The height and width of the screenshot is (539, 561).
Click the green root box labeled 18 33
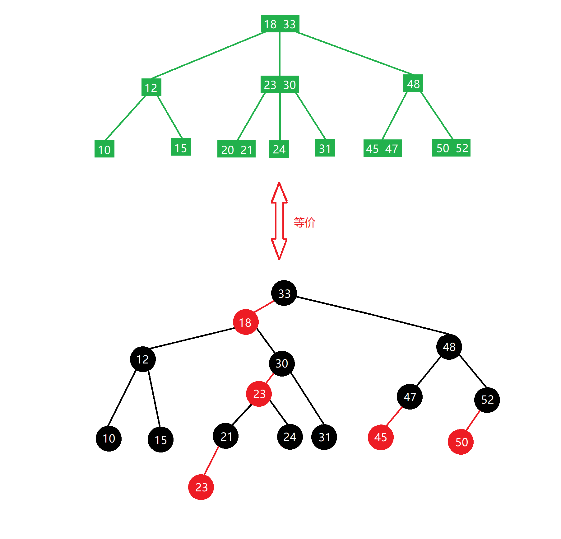point(280,24)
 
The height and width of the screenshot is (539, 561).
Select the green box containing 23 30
point(280,85)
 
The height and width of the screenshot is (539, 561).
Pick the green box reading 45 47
point(382,148)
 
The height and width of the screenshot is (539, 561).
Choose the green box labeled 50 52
point(451,148)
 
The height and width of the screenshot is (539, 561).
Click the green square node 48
point(413,83)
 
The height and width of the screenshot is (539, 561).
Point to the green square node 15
point(181,147)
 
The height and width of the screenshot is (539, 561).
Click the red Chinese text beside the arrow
point(304,223)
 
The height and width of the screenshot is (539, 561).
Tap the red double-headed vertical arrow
point(279,221)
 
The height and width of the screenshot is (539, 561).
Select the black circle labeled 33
point(284,293)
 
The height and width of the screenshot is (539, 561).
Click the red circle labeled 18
point(245,322)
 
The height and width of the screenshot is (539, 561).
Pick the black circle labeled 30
point(282,363)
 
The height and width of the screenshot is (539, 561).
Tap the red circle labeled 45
point(381,437)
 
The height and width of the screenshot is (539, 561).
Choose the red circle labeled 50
point(461,442)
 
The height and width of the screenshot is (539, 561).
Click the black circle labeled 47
point(410,397)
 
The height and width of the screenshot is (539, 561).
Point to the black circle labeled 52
point(487,400)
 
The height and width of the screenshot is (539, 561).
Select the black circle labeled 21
point(226,436)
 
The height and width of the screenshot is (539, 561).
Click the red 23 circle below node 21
point(201,487)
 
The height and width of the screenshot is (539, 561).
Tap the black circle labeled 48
point(449,347)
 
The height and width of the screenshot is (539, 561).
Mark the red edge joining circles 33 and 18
point(264,307)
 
